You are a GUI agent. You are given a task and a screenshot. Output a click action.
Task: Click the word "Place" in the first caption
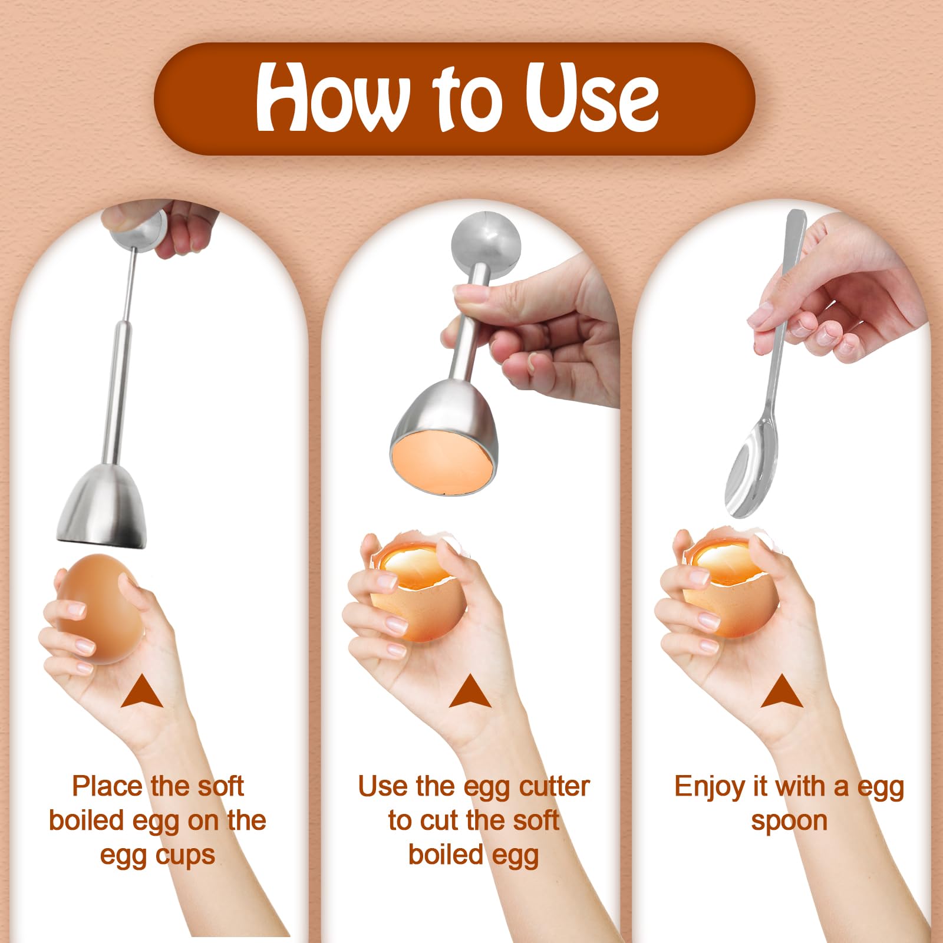(107, 786)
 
